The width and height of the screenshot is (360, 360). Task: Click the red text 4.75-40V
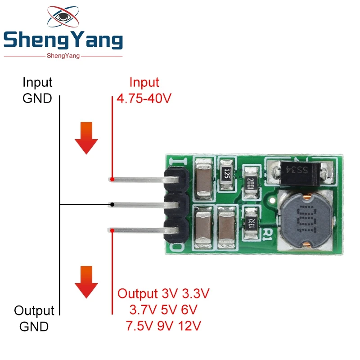click(x=144, y=99)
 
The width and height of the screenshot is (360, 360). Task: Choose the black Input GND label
click(x=37, y=90)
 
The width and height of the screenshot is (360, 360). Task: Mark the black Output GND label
click(x=34, y=318)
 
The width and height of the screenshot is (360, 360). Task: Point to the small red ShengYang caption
click(x=63, y=56)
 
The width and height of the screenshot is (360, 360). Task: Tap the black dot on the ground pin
click(x=112, y=205)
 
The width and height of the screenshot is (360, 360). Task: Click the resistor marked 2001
click(x=251, y=182)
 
